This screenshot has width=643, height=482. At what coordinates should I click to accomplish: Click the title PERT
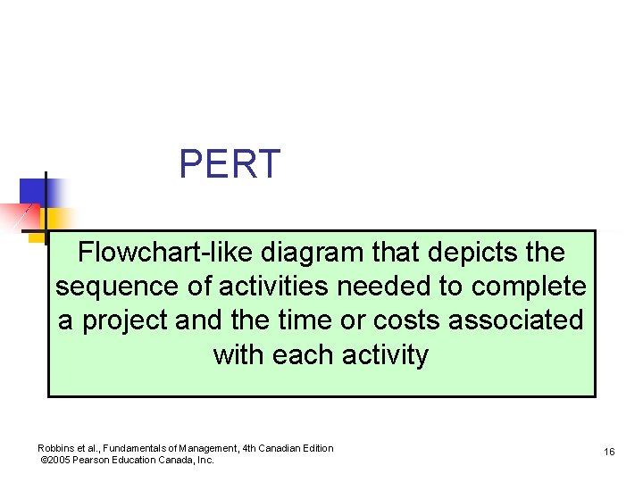[x=230, y=164]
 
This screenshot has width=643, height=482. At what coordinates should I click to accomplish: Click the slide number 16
[x=609, y=453]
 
